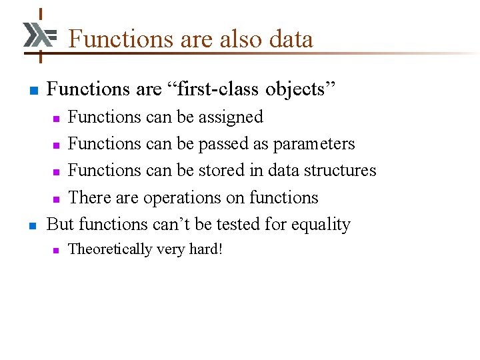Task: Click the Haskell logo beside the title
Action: click(x=39, y=35)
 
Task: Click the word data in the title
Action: click(x=291, y=39)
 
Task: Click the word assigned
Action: click(x=229, y=117)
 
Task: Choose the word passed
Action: click(x=231, y=144)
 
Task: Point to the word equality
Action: click(x=318, y=225)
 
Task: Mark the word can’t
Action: click(x=173, y=225)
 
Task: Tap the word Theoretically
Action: click(x=109, y=250)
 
